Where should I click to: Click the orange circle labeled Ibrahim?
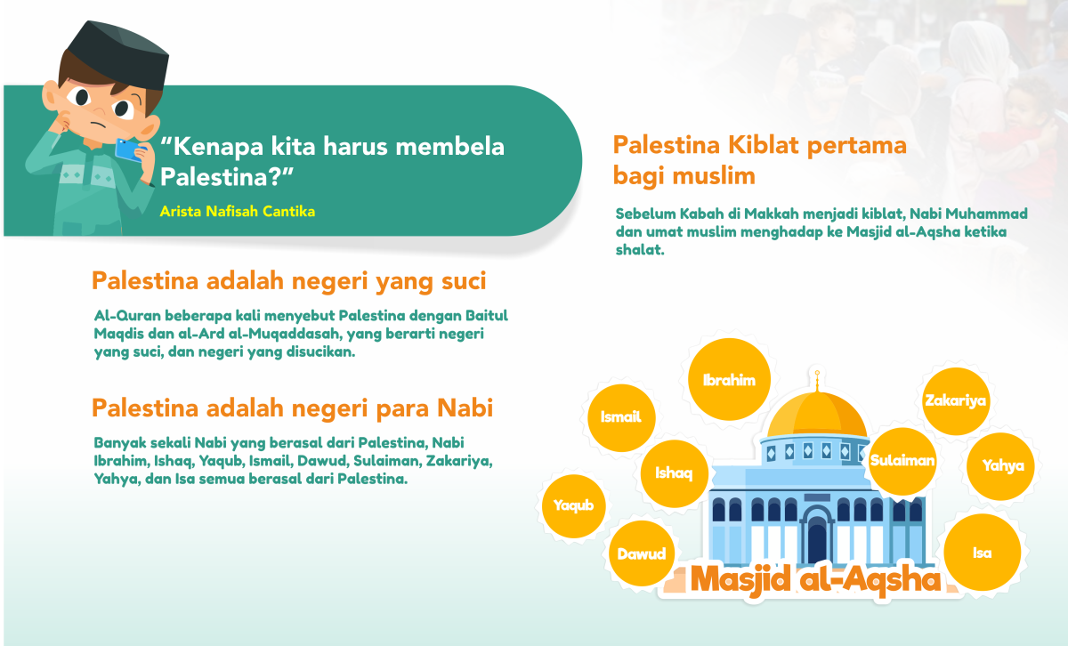point(729,381)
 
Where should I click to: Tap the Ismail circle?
point(621,416)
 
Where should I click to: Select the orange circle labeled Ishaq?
point(674,472)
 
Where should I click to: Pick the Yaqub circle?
point(574,506)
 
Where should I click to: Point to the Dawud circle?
point(642,553)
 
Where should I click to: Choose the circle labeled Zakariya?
point(955,400)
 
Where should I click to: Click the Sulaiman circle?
point(902,461)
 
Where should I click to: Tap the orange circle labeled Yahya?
point(1003,464)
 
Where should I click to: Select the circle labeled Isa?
point(982,553)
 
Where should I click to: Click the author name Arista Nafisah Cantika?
point(238,212)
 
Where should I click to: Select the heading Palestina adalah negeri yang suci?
point(288,282)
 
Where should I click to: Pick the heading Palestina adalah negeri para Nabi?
point(292,408)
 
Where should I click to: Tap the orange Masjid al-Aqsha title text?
point(815,579)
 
